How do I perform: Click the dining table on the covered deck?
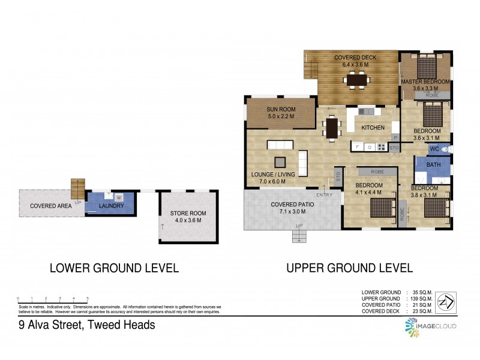click(357, 79)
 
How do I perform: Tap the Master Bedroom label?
click(425, 82)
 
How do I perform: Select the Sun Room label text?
click(280, 109)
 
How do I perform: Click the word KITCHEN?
click(373, 128)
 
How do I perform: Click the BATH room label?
click(433, 165)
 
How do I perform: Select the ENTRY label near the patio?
click(325, 194)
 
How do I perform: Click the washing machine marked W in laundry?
click(119, 197)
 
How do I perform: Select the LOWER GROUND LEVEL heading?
click(114, 268)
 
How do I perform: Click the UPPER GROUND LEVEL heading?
click(349, 268)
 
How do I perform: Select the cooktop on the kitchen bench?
click(382, 146)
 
